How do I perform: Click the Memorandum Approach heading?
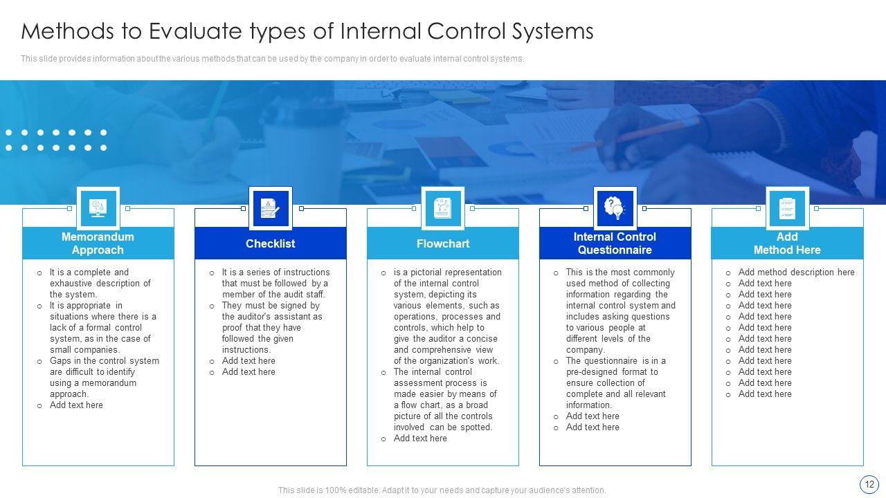(98, 243)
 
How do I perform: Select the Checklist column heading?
(270, 243)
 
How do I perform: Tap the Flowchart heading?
(442, 243)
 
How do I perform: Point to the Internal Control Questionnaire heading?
(615, 243)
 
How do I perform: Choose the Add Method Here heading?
(787, 243)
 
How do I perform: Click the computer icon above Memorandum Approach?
(98, 208)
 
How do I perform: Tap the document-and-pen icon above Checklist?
(270, 208)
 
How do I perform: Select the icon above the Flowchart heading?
(442, 208)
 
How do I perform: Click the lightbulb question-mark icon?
(615, 208)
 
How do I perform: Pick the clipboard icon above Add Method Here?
(787, 208)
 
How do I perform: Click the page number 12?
(869, 485)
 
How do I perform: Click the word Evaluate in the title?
(195, 31)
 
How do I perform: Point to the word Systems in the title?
(552, 32)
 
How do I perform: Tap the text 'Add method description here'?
(796, 273)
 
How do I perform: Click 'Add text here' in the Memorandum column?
(76, 405)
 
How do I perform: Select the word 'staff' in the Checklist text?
(316, 295)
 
